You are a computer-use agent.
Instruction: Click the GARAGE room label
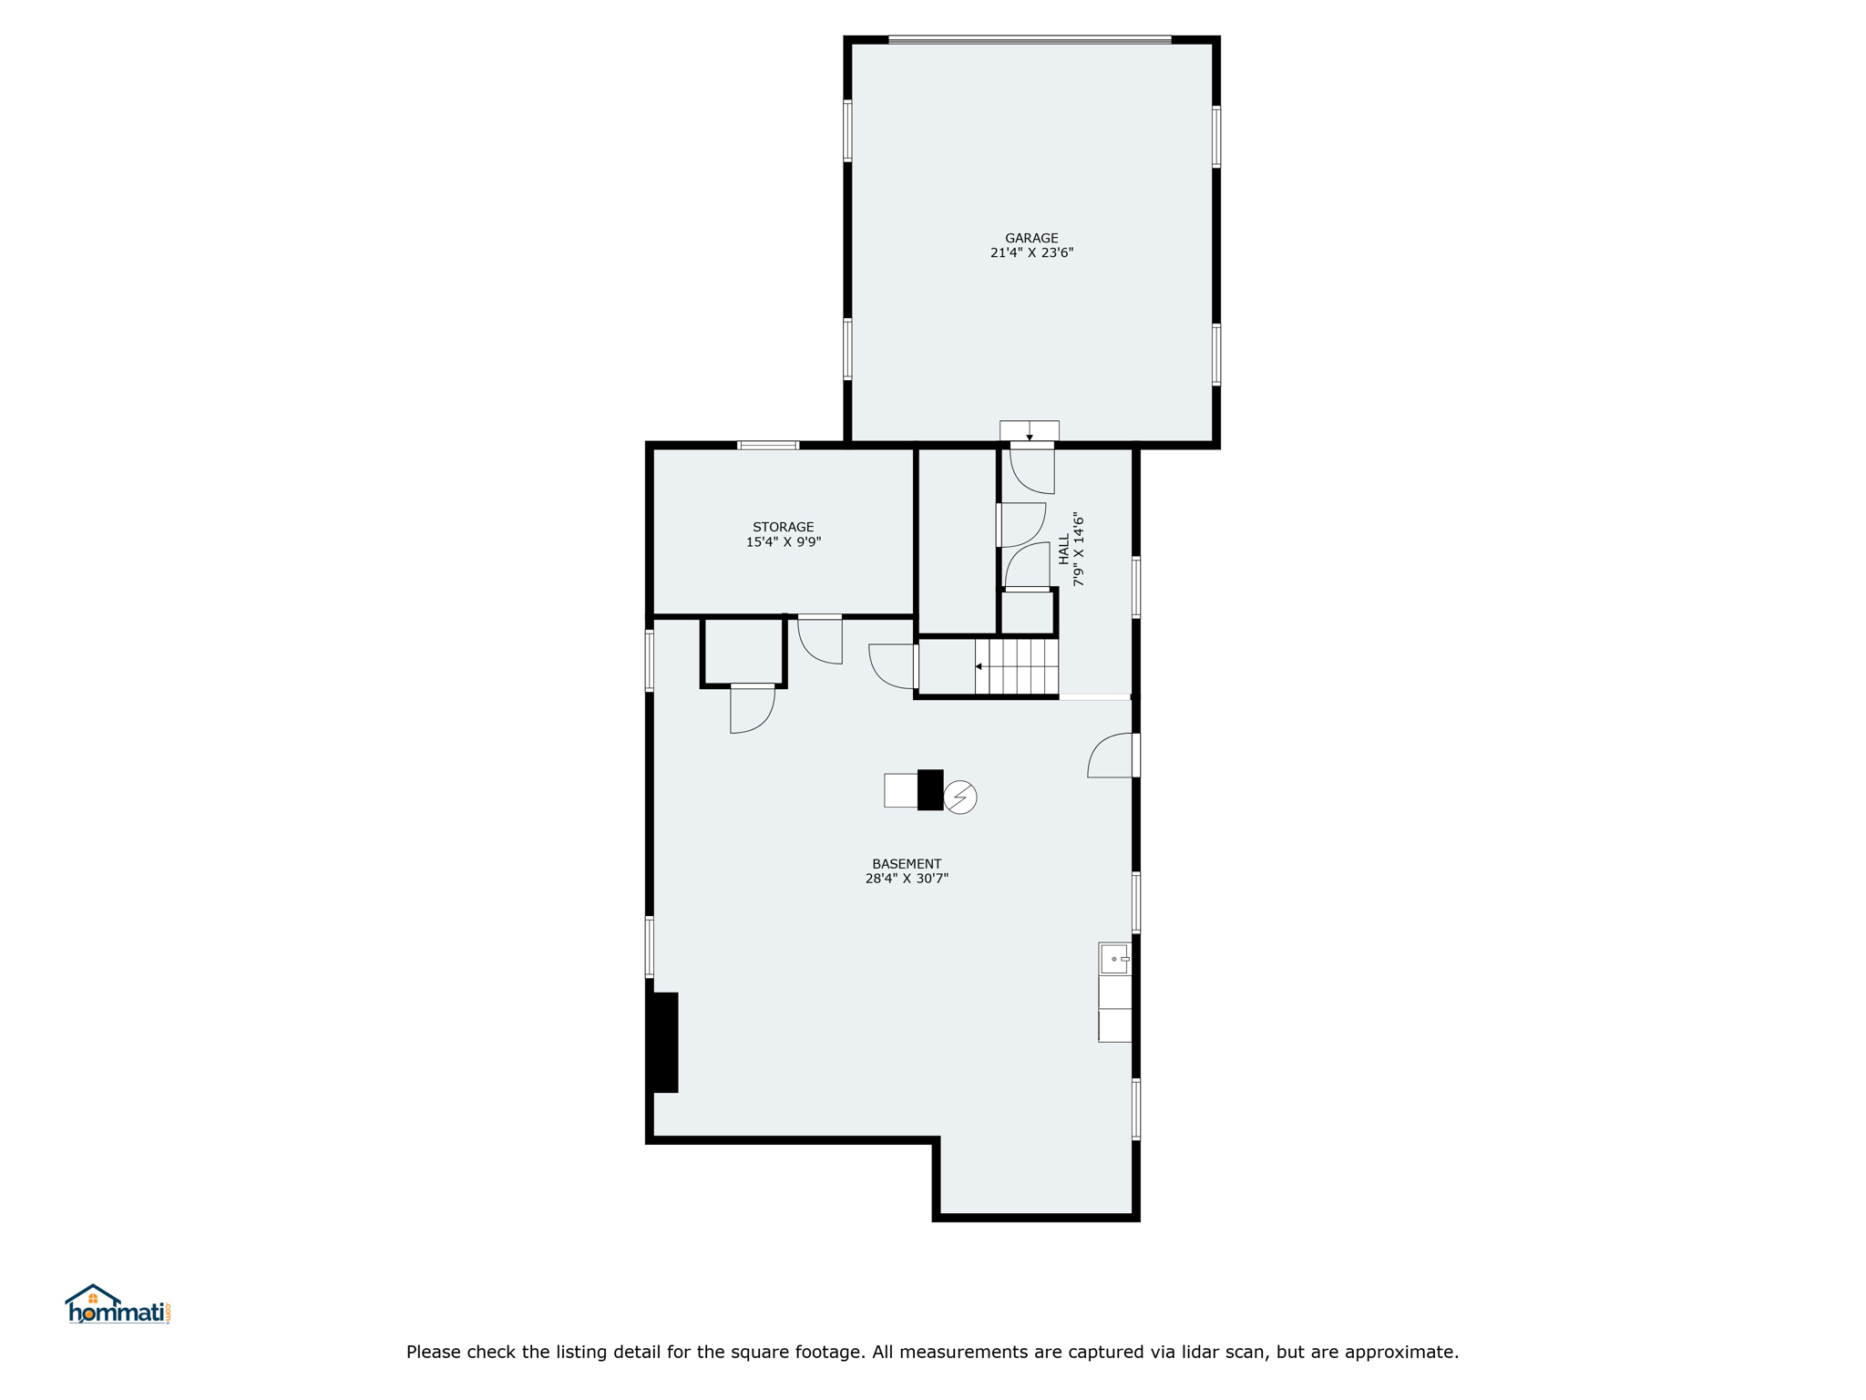point(1031,238)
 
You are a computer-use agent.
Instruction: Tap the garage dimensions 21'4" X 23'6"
point(1031,252)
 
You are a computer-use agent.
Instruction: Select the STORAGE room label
point(783,527)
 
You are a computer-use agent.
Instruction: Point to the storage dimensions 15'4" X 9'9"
point(783,541)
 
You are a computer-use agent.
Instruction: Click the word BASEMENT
point(907,864)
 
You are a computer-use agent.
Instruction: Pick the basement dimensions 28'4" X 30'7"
point(907,879)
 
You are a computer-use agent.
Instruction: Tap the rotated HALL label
point(1063,549)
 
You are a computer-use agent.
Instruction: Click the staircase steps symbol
point(1017,666)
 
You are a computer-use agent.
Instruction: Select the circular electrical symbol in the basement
point(960,798)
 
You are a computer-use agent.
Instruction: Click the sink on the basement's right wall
point(1114,959)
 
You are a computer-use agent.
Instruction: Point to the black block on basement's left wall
point(663,1042)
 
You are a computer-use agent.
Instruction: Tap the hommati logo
point(118,1304)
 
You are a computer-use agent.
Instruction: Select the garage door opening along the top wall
point(1030,39)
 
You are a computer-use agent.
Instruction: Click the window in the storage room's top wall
point(768,446)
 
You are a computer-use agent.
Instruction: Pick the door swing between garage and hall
point(1032,469)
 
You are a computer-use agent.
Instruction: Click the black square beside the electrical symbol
point(930,789)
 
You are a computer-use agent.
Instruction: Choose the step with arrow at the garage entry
point(1030,431)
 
